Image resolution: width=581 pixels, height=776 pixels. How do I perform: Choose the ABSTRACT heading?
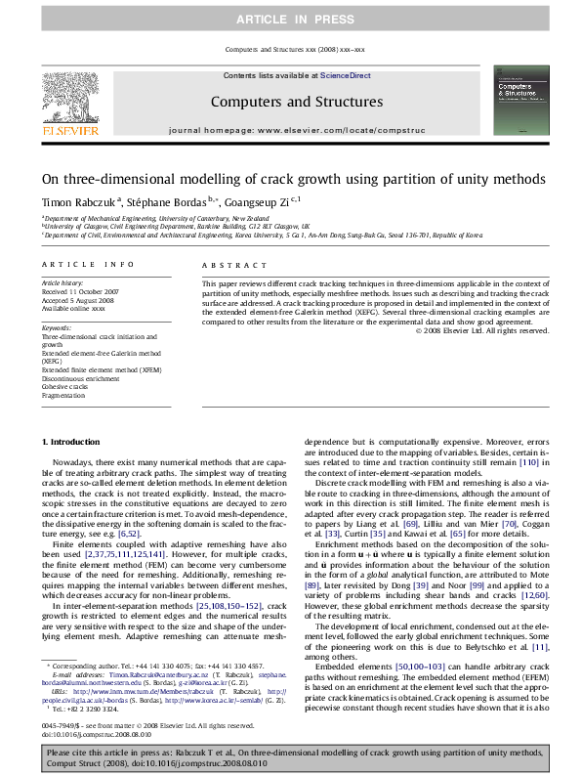[x=221, y=265]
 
